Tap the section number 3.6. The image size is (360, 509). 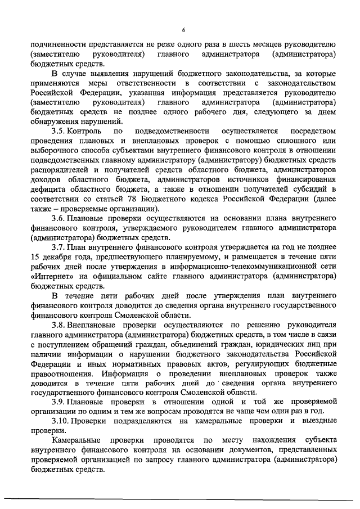(x=58, y=218)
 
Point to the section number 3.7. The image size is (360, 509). (x=58, y=247)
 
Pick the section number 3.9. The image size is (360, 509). (x=58, y=402)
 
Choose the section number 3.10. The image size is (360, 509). (x=60, y=421)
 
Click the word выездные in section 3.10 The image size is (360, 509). (x=319, y=421)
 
